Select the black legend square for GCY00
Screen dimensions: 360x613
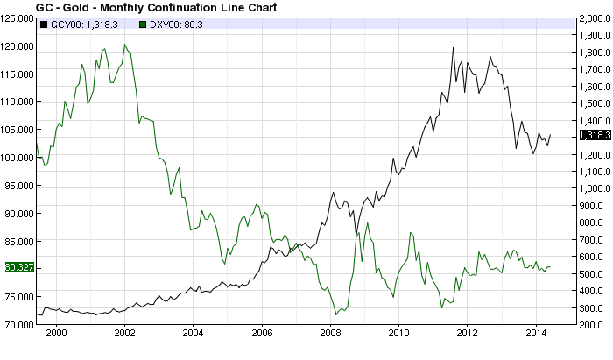pyautogui.click(x=44, y=25)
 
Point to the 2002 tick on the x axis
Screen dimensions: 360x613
pyautogui.click(x=124, y=333)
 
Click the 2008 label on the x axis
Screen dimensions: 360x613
pyautogui.click(x=330, y=333)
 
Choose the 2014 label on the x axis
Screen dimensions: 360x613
pyautogui.click(x=536, y=333)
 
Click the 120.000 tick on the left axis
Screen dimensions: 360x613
pyautogui.click(x=18, y=46)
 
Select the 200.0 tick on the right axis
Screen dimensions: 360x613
pyautogui.click(x=592, y=325)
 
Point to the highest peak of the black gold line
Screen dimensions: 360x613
pyautogui.click(x=453, y=47)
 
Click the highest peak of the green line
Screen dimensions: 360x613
pyautogui.click(x=124, y=44)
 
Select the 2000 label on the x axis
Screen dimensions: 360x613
pyautogui.click(x=56, y=333)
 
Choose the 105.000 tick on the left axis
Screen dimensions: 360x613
pyautogui.click(x=18, y=130)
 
